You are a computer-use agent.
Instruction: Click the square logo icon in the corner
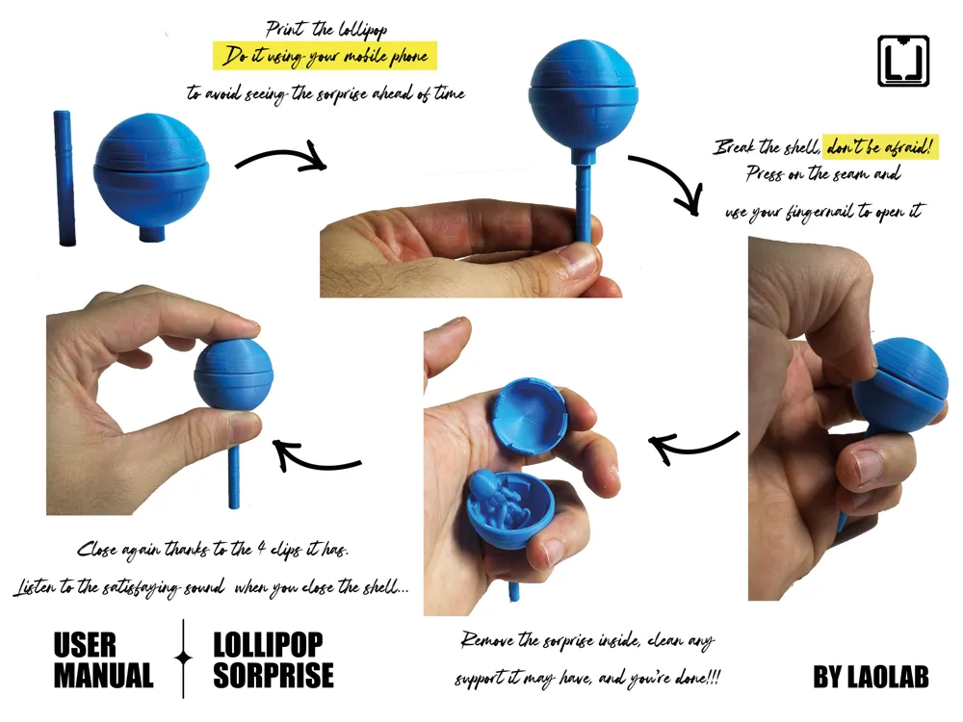pyautogui.click(x=902, y=61)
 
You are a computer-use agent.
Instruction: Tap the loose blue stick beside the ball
pyautogui.click(x=65, y=178)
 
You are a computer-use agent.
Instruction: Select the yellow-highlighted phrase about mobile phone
pyautogui.click(x=325, y=57)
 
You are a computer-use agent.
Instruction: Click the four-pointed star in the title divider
pyautogui.click(x=183, y=658)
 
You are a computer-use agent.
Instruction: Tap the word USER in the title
pyautogui.click(x=85, y=644)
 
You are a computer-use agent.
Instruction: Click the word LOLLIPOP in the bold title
pyautogui.click(x=268, y=644)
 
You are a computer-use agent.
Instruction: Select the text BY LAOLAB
pyautogui.click(x=871, y=677)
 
